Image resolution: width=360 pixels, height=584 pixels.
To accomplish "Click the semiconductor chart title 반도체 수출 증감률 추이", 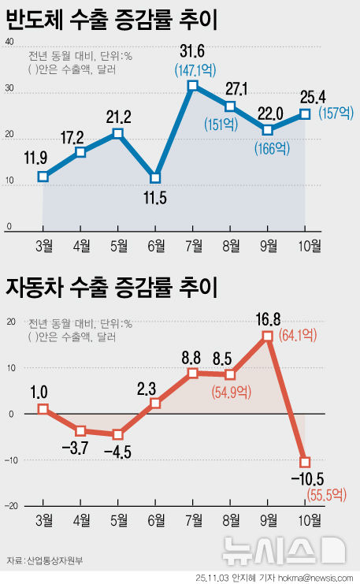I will [112, 20].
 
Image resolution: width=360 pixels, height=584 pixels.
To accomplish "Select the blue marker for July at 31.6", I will [192, 85].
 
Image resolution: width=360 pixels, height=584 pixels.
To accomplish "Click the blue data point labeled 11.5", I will [155, 178].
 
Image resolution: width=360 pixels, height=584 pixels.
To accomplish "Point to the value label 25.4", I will [302, 97].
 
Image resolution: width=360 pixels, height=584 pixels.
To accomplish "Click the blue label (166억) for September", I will [270, 146].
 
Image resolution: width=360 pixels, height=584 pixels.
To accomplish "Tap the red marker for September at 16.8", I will [268, 336].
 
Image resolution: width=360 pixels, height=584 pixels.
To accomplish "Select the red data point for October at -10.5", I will [305, 462].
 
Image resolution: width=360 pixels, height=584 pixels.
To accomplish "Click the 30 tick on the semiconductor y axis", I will [10, 89].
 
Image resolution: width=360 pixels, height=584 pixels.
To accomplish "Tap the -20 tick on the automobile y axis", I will [10, 505].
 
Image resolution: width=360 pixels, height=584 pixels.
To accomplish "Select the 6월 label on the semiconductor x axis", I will [155, 245].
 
